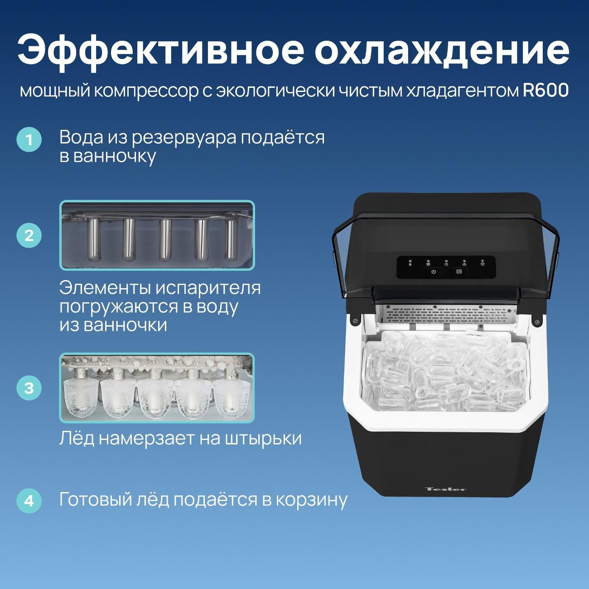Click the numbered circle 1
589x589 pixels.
click(x=29, y=140)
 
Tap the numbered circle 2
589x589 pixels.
click(x=29, y=236)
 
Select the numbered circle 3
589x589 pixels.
click(x=29, y=388)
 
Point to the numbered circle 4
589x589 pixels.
click(x=29, y=501)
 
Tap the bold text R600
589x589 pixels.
click(x=546, y=91)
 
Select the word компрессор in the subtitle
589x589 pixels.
click(x=146, y=92)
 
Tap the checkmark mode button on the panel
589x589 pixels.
click(x=459, y=271)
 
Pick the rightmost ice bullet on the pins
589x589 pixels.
click(x=232, y=397)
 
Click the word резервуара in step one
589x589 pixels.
click(x=184, y=138)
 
